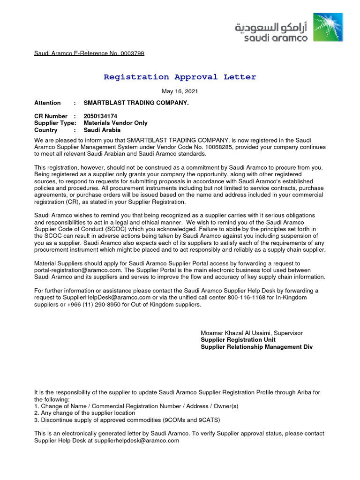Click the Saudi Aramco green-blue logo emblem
click(328, 28)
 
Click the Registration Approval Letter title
click(180, 77)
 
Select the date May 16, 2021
click(180, 91)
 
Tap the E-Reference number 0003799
click(133, 53)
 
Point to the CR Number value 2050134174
click(100, 116)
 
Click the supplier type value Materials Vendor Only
click(115, 123)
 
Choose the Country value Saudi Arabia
click(102, 130)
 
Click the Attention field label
click(47, 103)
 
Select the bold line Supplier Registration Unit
click(238, 340)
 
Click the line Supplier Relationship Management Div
click(256, 347)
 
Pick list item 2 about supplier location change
click(85, 413)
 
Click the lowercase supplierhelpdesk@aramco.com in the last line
click(137, 441)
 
